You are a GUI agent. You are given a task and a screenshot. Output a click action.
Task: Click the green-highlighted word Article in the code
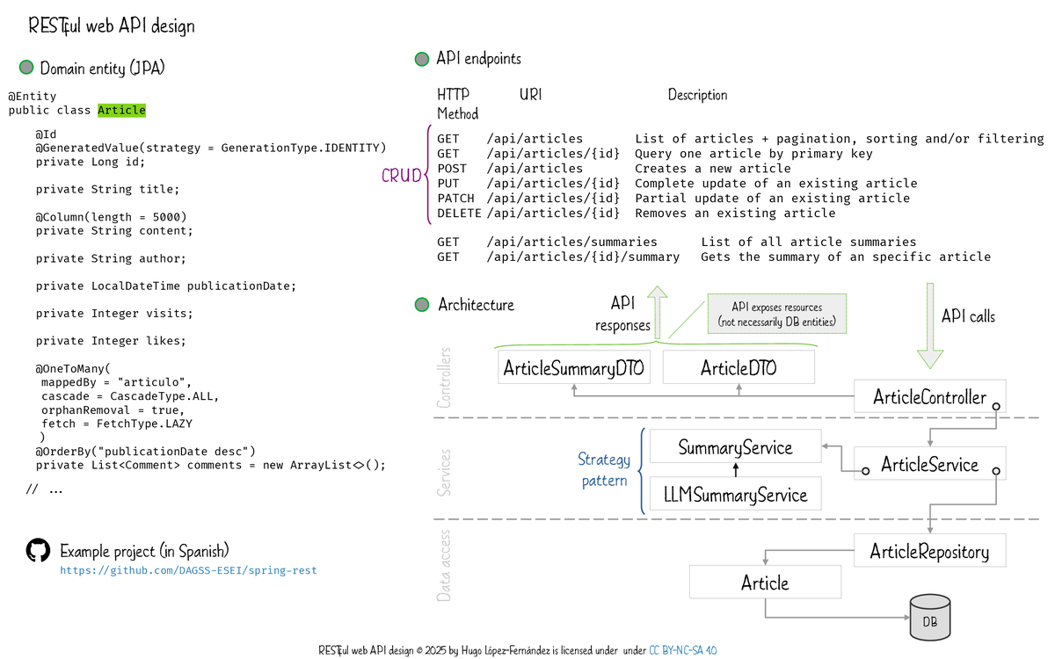pos(121,111)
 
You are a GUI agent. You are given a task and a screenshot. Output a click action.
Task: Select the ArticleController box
pos(929,397)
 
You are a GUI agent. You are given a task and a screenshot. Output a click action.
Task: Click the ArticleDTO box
pos(738,368)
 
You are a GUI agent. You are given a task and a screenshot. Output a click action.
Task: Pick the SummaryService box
pos(735,447)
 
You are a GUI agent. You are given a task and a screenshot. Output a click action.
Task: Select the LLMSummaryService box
pos(735,495)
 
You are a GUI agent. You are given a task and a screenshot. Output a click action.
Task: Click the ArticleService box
pos(929,464)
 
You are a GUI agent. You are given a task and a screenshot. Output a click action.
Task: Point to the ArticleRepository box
pos(929,552)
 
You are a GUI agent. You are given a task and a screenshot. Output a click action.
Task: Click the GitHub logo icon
pos(38,551)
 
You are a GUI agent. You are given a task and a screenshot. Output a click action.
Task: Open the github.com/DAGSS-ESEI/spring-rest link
pos(188,571)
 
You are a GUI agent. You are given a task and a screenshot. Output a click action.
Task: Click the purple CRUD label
pos(402,176)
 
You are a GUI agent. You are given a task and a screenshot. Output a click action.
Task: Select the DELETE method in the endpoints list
pos(459,214)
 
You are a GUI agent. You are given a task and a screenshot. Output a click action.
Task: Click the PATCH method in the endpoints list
pos(455,199)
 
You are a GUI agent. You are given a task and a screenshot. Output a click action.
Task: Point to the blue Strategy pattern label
pos(604,470)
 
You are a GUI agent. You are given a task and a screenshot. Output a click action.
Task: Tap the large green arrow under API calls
pos(929,325)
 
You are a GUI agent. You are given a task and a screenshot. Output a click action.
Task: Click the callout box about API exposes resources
pos(776,315)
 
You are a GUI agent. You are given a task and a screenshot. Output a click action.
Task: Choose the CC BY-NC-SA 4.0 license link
pos(682,651)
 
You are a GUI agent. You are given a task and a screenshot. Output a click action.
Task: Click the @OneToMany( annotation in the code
pos(75,369)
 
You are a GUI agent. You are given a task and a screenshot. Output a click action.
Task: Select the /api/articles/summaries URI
pos(571,242)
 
